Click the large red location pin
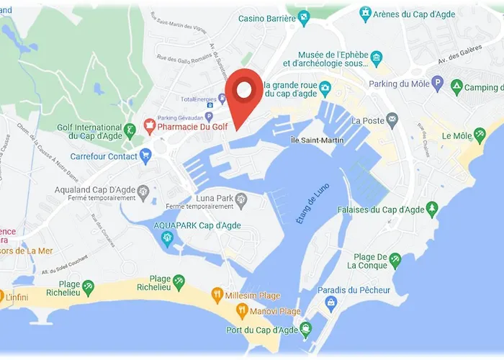[x=244, y=94]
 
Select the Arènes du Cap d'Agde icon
[x=366, y=13]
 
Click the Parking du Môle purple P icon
[x=436, y=83]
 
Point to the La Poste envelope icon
[x=392, y=119]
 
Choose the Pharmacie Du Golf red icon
[x=150, y=125]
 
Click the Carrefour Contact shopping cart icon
[x=146, y=154]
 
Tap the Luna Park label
[x=215, y=198]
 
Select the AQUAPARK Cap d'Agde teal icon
[x=168, y=239]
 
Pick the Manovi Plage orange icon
[x=242, y=311]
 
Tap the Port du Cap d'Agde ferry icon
[x=307, y=330]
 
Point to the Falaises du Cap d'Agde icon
[x=432, y=210]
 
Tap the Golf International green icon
[x=130, y=131]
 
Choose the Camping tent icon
[x=456, y=86]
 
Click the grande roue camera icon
[x=325, y=89]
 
